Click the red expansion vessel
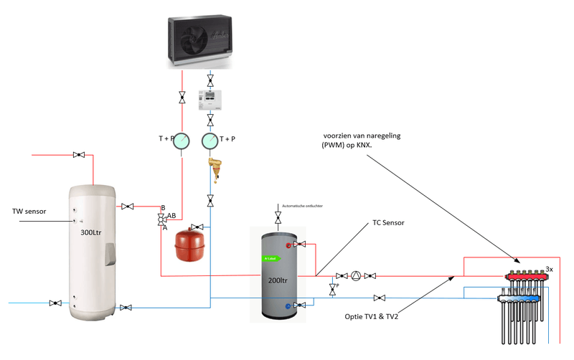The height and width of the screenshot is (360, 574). [190, 242]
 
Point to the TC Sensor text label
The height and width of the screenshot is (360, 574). [389, 223]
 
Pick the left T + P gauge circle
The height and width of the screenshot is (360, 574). [182, 140]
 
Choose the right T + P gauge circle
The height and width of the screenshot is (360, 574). [210, 140]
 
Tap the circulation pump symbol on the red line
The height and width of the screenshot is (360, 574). [357, 275]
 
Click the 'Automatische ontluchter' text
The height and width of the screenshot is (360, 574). [304, 206]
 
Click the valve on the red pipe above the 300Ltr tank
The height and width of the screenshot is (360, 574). [80, 155]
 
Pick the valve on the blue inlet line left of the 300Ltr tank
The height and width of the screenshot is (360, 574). [55, 303]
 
